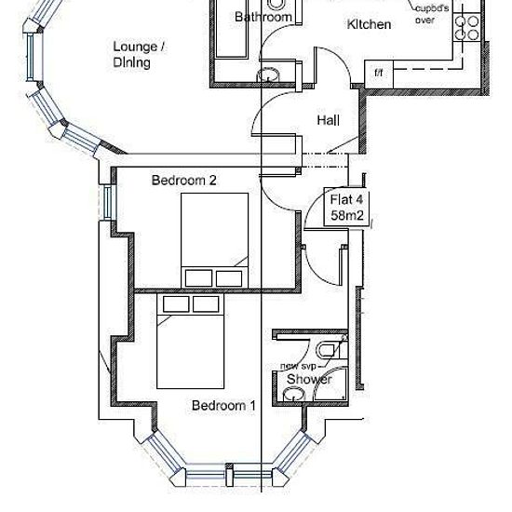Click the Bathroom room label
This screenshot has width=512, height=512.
tap(263, 17)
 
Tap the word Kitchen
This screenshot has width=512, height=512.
tap(369, 24)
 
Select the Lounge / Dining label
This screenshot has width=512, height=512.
tap(139, 54)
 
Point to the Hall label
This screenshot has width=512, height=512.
tap(329, 120)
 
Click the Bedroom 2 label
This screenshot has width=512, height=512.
tap(183, 180)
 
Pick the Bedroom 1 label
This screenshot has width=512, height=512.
tap(223, 406)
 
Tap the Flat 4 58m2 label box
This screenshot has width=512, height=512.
tap(346, 207)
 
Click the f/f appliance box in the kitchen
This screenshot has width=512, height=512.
tap(379, 74)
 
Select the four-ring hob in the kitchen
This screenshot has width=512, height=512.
tap(467, 27)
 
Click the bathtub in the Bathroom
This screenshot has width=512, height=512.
tap(231, 30)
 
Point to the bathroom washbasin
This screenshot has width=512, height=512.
tap(268, 74)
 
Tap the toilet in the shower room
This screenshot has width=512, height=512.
tap(331, 350)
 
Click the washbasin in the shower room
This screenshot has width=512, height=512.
tap(293, 394)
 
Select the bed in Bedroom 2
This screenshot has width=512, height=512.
tap(214, 241)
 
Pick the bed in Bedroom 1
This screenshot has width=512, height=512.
tap(190, 341)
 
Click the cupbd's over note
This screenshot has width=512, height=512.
tap(432, 14)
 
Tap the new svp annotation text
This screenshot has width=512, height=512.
tap(298, 367)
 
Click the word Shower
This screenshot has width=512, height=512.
tap(309, 380)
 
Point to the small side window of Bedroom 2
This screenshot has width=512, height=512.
tap(108, 202)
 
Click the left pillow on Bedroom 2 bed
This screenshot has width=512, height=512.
tap(198, 278)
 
